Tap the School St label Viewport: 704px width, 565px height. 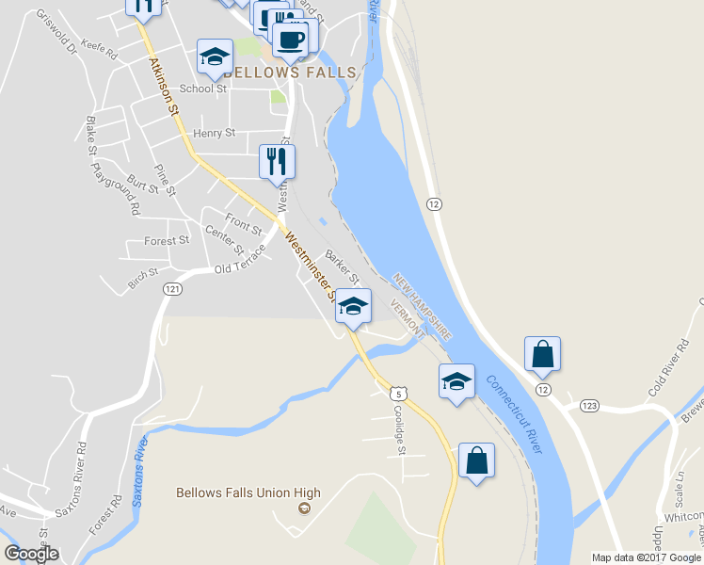204,89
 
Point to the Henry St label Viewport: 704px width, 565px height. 214,134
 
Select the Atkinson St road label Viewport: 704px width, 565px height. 164,87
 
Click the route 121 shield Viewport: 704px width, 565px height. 170,289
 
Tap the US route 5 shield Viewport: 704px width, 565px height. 400,392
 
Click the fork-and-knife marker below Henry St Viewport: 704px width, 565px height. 277,161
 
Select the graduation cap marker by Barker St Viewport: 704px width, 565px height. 353,306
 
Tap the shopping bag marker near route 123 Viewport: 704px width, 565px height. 543,354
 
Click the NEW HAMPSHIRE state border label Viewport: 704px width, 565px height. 423,307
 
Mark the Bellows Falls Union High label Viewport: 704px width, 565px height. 248,492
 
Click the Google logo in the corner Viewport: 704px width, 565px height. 31,554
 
